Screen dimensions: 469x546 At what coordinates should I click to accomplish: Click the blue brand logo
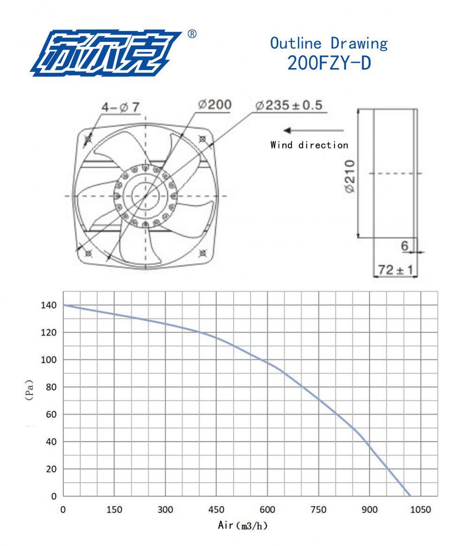pyautogui.click(x=106, y=53)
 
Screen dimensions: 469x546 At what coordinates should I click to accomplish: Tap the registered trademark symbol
pyautogui.click(x=192, y=34)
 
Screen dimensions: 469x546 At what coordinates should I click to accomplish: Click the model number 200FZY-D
pyautogui.click(x=329, y=63)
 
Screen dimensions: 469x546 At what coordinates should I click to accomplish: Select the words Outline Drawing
pyautogui.click(x=329, y=43)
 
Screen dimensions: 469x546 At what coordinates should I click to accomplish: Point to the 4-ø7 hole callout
pyautogui.click(x=121, y=107)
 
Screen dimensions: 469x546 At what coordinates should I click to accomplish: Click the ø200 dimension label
pyautogui.click(x=215, y=104)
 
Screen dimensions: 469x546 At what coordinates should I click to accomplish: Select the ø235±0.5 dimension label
pyautogui.click(x=289, y=105)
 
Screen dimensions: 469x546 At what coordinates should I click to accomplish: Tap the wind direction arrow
pyautogui.click(x=313, y=131)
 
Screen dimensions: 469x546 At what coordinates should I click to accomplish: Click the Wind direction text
pyautogui.click(x=309, y=145)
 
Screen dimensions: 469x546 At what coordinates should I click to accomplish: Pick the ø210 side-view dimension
pyautogui.click(x=350, y=176)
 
